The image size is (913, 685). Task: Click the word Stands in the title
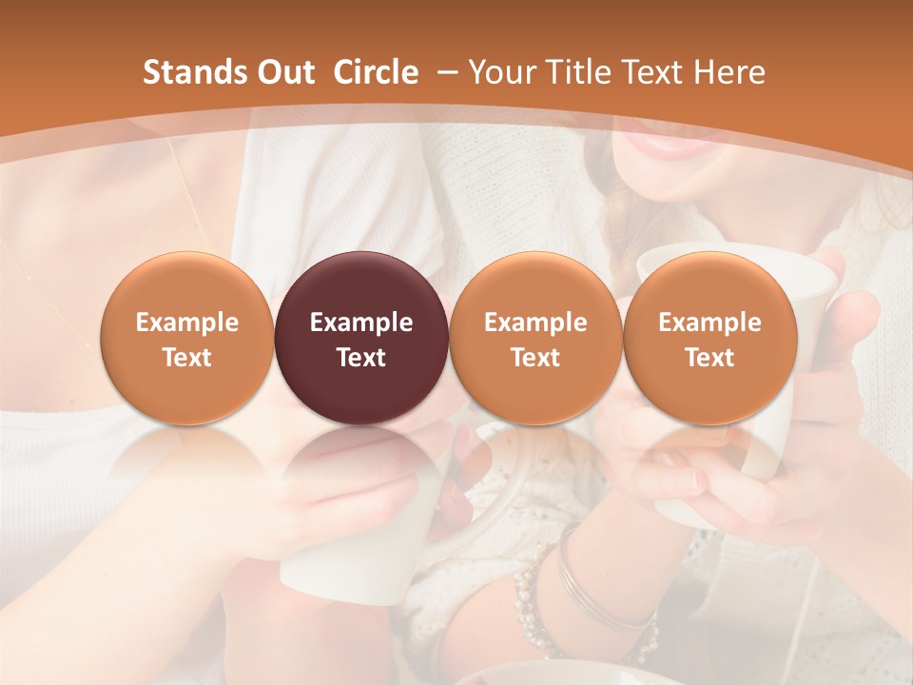[x=193, y=72]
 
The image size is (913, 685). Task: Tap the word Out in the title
[x=282, y=72]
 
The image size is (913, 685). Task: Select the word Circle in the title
[x=376, y=72]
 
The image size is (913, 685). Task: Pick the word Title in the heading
[x=578, y=72]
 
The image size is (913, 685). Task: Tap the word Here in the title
[x=731, y=72]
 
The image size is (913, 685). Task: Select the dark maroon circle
[x=361, y=339]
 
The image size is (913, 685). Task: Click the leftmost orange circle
[x=187, y=339]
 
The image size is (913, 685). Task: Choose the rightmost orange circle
[x=710, y=339]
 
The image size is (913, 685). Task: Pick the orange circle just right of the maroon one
[x=535, y=339]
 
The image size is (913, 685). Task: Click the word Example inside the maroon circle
[x=361, y=323]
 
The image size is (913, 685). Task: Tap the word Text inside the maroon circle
[x=361, y=358]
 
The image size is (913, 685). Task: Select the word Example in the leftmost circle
[x=187, y=323]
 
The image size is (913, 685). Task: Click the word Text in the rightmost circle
[x=710, y=358]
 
